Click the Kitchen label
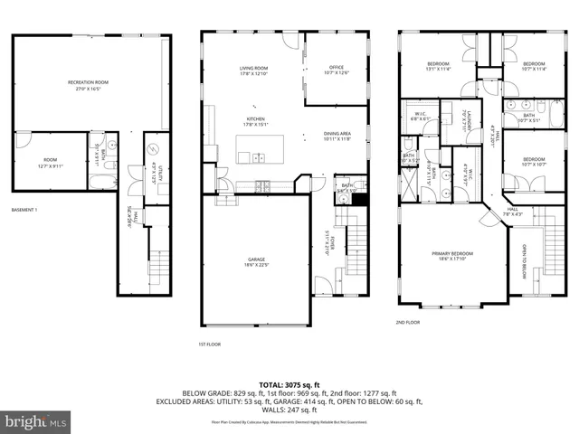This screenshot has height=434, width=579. [254, 121]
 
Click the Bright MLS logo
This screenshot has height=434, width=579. [36, 421]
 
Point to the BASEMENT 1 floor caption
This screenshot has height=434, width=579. [24, 210]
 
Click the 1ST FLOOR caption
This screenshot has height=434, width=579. [210, 344]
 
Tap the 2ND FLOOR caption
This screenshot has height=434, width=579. [407, 322]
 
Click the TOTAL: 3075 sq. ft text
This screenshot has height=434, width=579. [289, 384]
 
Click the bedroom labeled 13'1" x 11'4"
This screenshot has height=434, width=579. [438, 65]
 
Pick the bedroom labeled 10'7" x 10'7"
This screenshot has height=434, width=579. [535, 163]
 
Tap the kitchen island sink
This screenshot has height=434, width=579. [259, 157]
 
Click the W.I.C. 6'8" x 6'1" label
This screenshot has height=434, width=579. [421, 118]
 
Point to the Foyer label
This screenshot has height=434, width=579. [333, 242]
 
